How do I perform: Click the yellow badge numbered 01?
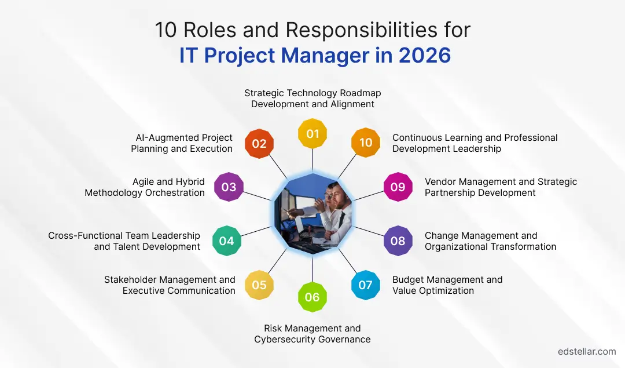312,133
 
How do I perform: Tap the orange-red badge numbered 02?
259,143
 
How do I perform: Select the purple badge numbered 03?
229,187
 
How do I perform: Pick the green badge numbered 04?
226,241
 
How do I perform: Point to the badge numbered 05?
259,285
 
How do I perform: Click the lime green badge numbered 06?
312,297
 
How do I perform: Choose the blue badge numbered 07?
365,285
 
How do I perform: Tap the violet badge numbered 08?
398,241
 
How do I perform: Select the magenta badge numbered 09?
398,187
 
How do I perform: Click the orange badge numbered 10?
366,143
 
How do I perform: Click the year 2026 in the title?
425,55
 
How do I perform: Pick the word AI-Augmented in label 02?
161,137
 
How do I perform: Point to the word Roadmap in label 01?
361,93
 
